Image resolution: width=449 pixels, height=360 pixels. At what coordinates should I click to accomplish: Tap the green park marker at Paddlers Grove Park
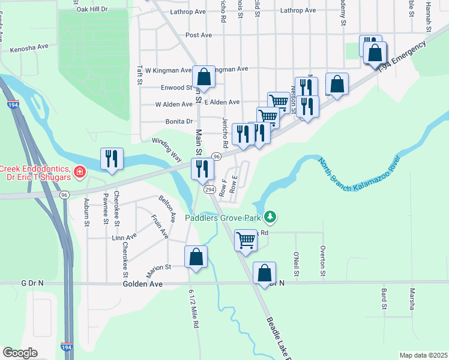[271, 215]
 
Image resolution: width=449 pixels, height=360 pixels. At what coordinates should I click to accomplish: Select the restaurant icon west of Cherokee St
[112, 160]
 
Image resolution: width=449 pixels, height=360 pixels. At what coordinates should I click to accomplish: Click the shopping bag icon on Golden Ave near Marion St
[196, 257]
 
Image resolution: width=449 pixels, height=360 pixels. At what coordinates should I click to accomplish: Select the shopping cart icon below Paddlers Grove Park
[246, 240]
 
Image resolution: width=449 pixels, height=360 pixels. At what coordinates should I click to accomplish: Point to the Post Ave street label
[199, 35]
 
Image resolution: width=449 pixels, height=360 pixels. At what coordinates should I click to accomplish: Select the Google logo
[20, 353]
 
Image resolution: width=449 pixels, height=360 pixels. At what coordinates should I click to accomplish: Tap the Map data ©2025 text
[423, 355]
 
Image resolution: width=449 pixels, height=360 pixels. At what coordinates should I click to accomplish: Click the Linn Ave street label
[121, 238]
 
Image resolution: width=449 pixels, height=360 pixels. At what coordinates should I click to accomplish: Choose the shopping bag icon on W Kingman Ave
[204, 77]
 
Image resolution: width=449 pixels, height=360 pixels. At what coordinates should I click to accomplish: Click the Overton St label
[323, 262]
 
